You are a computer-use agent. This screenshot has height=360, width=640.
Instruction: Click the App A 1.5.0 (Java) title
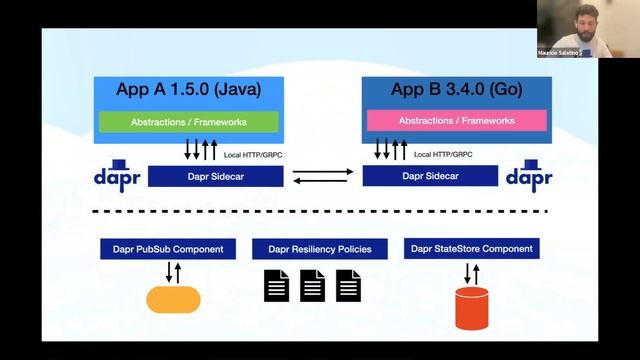(187, 89)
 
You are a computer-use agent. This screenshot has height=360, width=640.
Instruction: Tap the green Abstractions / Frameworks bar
(187, 121)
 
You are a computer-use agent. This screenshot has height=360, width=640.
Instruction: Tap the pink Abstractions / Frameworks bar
(456, 120)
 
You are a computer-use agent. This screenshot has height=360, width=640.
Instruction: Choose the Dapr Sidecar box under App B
(429, 176)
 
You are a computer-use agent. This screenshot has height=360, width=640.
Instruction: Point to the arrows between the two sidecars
(321, 176)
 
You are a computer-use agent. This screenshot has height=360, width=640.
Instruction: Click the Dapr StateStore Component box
(472, 248)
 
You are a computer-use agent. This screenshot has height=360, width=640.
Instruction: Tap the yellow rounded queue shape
(173, 299)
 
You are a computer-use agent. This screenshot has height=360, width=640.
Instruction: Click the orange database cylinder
(472, 308)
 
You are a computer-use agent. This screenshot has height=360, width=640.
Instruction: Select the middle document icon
(313, 286)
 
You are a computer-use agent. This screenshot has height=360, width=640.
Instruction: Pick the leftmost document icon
(276, 286)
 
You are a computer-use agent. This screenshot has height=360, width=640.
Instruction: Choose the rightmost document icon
(348, 286)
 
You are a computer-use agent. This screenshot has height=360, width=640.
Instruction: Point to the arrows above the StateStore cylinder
(472, 272)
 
